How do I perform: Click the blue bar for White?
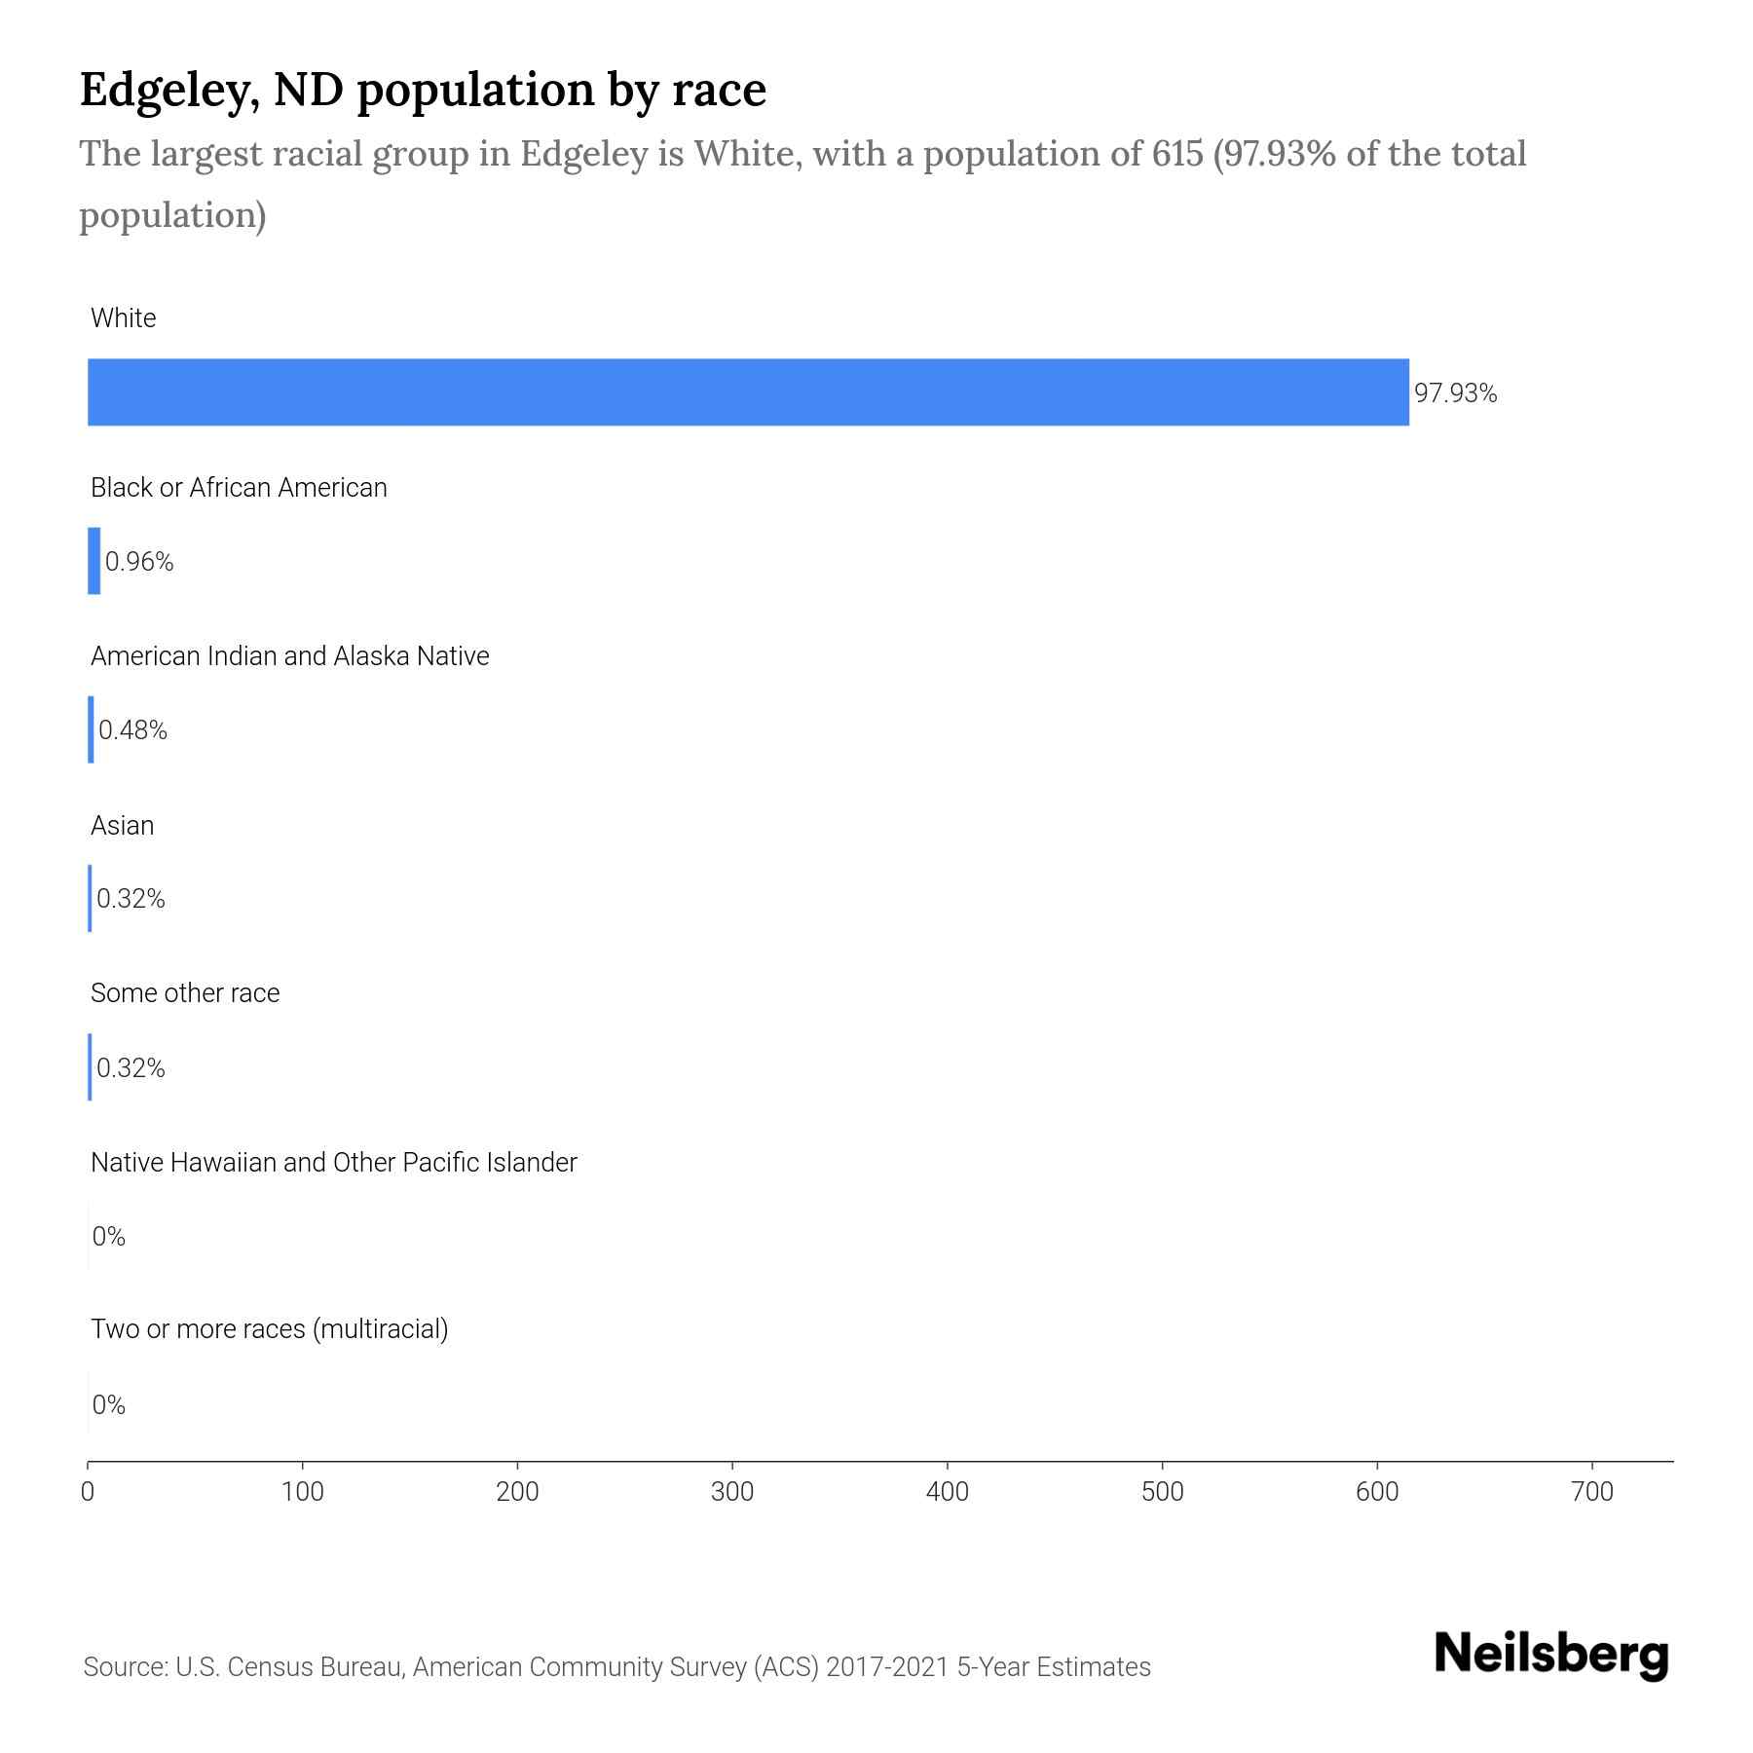[x=748, y=392]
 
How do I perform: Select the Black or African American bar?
[x=94, y=561]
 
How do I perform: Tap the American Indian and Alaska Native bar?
[x=92, y=729]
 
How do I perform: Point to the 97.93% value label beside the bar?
[x=1455, y=393]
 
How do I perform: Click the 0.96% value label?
[x=139, y=562]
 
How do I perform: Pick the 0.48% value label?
[x=133, y=730]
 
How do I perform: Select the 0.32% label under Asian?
[x=131, y=899]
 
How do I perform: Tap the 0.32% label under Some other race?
[x=131, y=1068]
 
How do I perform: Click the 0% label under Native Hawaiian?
[x=109, y=1237]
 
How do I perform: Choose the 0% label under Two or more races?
[x=109, y=1405]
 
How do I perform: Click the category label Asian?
[x=123, y=826]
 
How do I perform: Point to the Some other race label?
[x=185, y=993]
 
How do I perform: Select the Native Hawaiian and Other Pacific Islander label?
[x=334, y=1163]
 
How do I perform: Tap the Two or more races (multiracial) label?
[x=270, y=1329]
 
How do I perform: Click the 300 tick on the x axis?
[x=732, y=1492]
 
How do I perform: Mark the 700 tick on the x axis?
[x=1592, y=1492]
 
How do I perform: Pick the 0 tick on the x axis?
[x=88, y=1492]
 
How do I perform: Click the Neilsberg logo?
[x=1551, y=1655]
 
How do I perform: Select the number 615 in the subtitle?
[x=1174, y=154]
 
